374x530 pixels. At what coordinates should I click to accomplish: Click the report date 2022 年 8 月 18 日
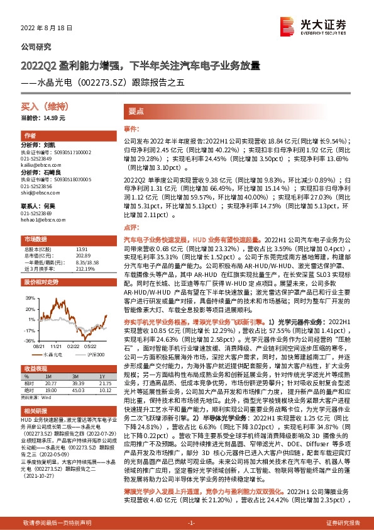click(x=47, y=28)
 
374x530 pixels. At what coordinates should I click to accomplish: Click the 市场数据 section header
click(x=36, y=240)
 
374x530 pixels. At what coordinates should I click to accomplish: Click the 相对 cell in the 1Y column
click(x=105, y=383)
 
